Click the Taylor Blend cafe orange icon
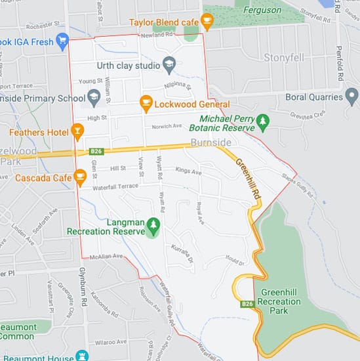(x=207, y=22)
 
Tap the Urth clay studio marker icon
(x=169, y=64)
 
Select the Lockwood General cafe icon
(x=146, y=104)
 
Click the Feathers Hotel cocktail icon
(x=77, y=132)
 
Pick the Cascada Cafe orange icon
(x=81, y=177)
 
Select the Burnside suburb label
(x=210, y=142)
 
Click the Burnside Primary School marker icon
(x=93, y=97)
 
